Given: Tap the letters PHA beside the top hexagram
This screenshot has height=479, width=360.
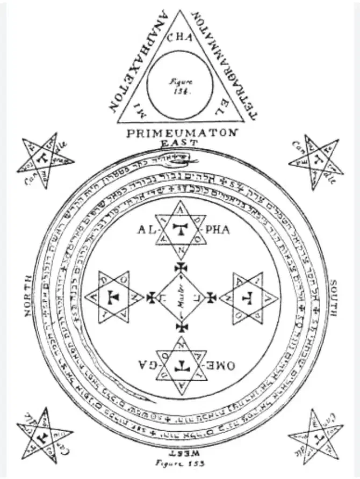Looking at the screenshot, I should tap(217, 229).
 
